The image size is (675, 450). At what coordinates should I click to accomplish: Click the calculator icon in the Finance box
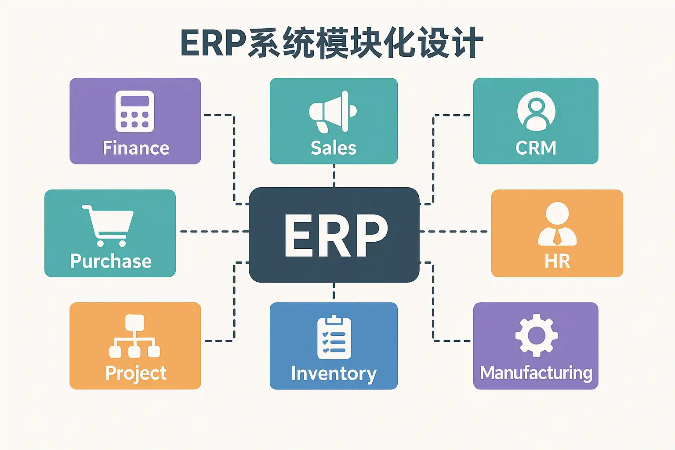coord(135,111)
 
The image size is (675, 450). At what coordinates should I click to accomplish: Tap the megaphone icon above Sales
coord(333,112)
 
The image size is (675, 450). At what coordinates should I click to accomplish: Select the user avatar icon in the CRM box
coord(536,111)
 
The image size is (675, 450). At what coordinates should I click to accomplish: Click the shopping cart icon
coord(108,226)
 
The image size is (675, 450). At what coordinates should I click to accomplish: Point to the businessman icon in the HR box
coord(557,224)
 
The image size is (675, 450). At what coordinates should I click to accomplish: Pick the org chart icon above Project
coord(134,336)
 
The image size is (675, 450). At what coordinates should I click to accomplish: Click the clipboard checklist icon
coord(334,337)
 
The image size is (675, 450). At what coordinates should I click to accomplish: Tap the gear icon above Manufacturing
coord(537,335)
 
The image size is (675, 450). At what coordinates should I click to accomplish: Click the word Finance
coord(136,148)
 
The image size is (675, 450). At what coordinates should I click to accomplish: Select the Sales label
coord(334,148)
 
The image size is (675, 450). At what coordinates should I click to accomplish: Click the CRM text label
coord(536,148)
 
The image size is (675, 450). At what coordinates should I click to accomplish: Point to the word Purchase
coord(111,261)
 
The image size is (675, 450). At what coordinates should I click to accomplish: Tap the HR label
coord(557,261)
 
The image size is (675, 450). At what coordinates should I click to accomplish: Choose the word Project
coord(136,374)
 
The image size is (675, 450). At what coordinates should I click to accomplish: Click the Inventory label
coord(334,374)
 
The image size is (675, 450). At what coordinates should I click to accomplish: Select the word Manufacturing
coord(536,374)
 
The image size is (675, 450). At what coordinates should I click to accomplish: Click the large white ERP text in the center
coord(336,236)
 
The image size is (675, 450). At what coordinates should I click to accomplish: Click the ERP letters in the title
coord(214,43)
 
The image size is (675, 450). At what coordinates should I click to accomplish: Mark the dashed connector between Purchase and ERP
coord(214,232)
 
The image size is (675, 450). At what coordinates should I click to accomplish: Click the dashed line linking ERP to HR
coord(454,232)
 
